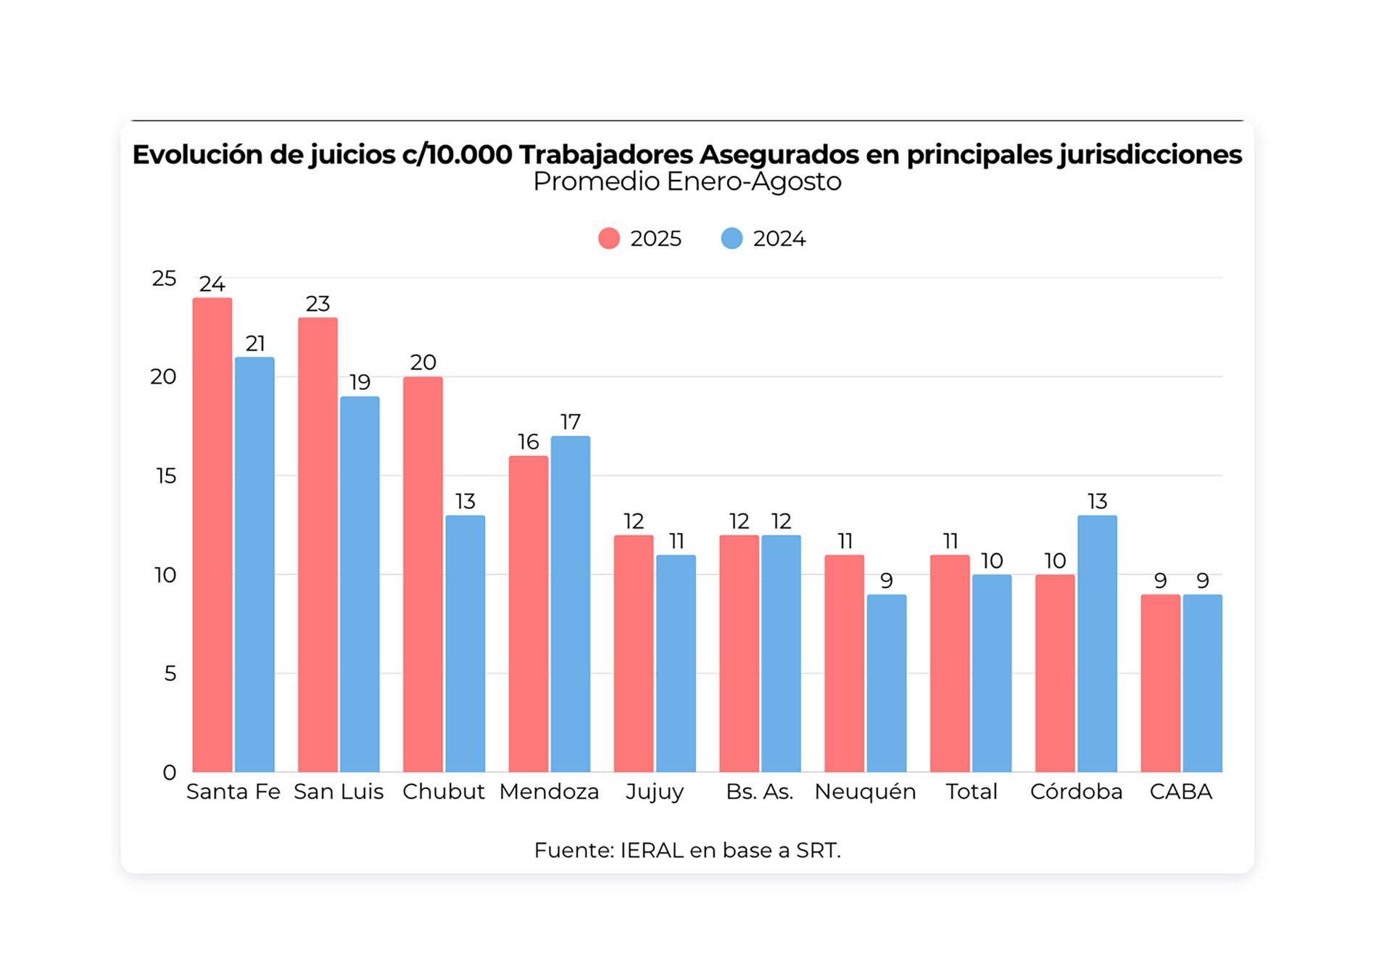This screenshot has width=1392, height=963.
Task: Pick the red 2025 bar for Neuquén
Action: (x=845, y=664)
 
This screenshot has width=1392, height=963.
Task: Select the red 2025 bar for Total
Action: (x=950, y=664)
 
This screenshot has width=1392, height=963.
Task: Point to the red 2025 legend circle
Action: (x=609, y=239)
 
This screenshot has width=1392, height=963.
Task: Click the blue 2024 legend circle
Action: (x=732, y=239)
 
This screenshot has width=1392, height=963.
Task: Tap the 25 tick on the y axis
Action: (x=165, y=278)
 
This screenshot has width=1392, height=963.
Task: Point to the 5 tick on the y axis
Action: (x=170, y=674)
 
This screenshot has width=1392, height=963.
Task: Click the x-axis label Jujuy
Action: (x=655, y=791)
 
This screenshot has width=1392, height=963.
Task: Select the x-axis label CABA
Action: (x=1181, y=791)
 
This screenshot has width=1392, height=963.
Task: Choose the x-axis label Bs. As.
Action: (x=760, y=791)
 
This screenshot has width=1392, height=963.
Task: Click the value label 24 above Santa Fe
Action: (x=212, y=284)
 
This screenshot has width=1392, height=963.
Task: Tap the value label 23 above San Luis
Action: (x=318, y=304)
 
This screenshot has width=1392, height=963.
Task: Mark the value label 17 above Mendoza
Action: (x=571, y=422)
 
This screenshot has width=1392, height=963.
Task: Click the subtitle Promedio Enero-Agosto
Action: (x=687, y=181)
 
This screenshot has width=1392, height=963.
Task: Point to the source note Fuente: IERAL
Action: (x=687, y=850)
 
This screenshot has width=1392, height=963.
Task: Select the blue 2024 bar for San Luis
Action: (x=360, y=584)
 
